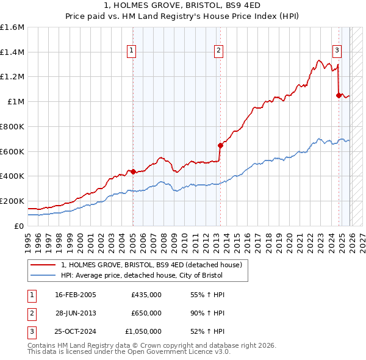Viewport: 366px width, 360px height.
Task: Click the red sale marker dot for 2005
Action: [133, 171]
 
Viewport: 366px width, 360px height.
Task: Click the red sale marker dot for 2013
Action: [220, 145]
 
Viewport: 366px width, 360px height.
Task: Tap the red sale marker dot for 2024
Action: [339, 95]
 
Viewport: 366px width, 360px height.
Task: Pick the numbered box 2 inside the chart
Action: [218, 51]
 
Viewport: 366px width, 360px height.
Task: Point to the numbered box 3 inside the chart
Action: [337, 51]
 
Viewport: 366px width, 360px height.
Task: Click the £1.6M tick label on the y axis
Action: [12, 27]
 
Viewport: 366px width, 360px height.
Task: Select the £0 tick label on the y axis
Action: [19, 226]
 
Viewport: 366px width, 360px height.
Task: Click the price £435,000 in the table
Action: [146, 295]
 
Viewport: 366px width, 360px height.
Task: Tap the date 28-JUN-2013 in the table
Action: [75, 313]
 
